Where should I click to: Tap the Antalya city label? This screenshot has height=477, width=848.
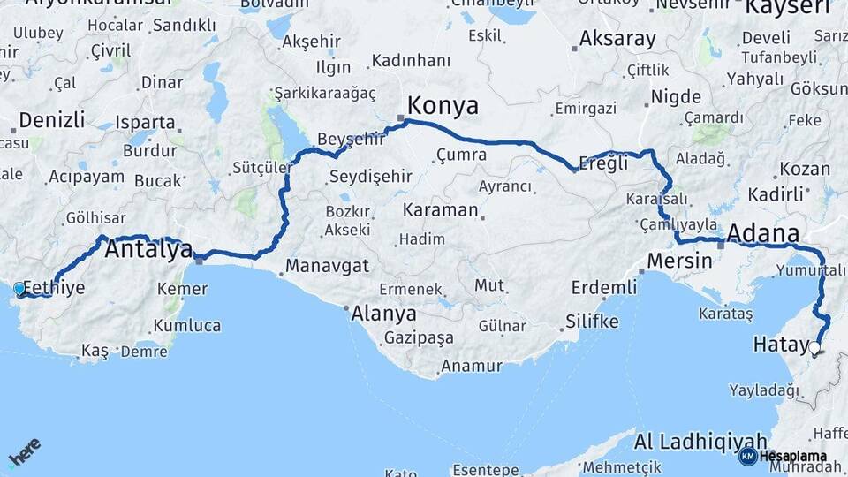coord(148,250)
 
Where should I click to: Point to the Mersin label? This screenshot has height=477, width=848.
coord(679,261)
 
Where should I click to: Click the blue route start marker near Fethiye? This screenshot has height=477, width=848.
coord(19,287)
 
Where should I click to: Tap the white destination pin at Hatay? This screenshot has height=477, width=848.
coord(814,348)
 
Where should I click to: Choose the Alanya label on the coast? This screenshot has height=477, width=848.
coord(383,314)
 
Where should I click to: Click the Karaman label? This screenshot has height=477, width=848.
coord(440,211)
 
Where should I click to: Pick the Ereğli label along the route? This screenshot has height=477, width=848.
coord(603,163)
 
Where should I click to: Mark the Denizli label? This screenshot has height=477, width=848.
coord(52,120)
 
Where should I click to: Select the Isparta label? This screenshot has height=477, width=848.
coord(146,122)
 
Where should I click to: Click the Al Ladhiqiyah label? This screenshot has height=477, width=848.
coord(700,441)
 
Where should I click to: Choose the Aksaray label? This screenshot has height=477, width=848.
coord(618,39)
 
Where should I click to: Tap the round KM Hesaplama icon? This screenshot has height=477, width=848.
coord(747,456)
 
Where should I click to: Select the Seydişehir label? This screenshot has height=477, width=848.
coord(370,177)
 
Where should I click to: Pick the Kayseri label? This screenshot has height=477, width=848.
coord(788,9)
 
